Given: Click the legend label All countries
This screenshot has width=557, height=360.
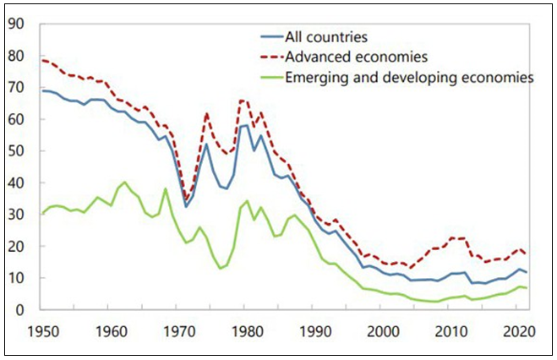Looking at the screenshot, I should pos(325,38).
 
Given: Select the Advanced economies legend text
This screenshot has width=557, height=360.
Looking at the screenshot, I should pos(355,57).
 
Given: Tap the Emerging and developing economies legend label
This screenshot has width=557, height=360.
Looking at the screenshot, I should pos(410,77).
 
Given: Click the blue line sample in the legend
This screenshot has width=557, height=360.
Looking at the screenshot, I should pos(271,38).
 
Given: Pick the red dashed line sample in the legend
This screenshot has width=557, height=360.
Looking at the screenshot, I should pos(271,57).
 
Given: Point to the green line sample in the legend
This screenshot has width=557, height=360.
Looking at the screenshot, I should pos(271,77).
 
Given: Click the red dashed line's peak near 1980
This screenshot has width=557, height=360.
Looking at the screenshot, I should pos(243,101).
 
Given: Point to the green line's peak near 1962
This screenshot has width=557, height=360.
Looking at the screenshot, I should pos(124,182).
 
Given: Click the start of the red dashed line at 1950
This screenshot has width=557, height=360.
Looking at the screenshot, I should pos(42,60).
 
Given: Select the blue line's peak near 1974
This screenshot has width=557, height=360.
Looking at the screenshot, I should pos(205,144).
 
